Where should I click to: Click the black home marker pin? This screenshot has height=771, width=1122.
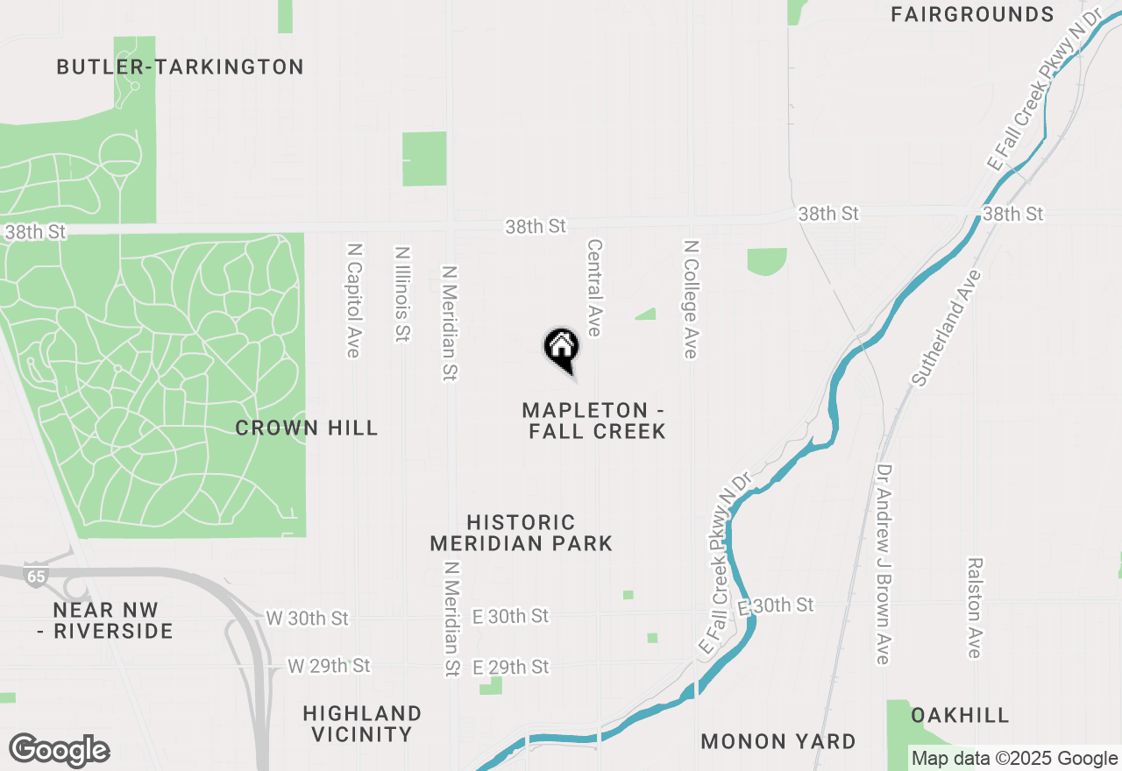point(561,348)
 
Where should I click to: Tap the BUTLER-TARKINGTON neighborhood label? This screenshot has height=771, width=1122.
point(180,67)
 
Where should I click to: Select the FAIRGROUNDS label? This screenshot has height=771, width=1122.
point(972,14)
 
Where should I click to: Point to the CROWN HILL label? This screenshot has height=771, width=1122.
point(307,428)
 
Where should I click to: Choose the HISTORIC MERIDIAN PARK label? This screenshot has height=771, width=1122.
point(521,533)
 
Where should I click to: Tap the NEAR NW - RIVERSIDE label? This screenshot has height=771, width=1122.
point(113,620)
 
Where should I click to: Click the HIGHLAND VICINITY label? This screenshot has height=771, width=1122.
point(363,724)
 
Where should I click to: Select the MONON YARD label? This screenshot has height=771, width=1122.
point(778,741)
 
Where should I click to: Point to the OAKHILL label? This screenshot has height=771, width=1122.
point(960,716)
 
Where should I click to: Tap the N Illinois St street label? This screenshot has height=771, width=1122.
point(402,294)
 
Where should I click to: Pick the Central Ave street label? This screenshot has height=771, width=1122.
point(594,287)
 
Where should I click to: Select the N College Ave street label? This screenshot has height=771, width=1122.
point(691,299)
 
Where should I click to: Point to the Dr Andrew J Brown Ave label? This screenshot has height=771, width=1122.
point(883,564)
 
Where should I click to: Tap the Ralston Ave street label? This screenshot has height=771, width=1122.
point(975,608)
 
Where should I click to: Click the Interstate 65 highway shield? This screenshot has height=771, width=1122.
point(35,576)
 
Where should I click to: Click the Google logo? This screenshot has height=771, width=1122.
point(59,751)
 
